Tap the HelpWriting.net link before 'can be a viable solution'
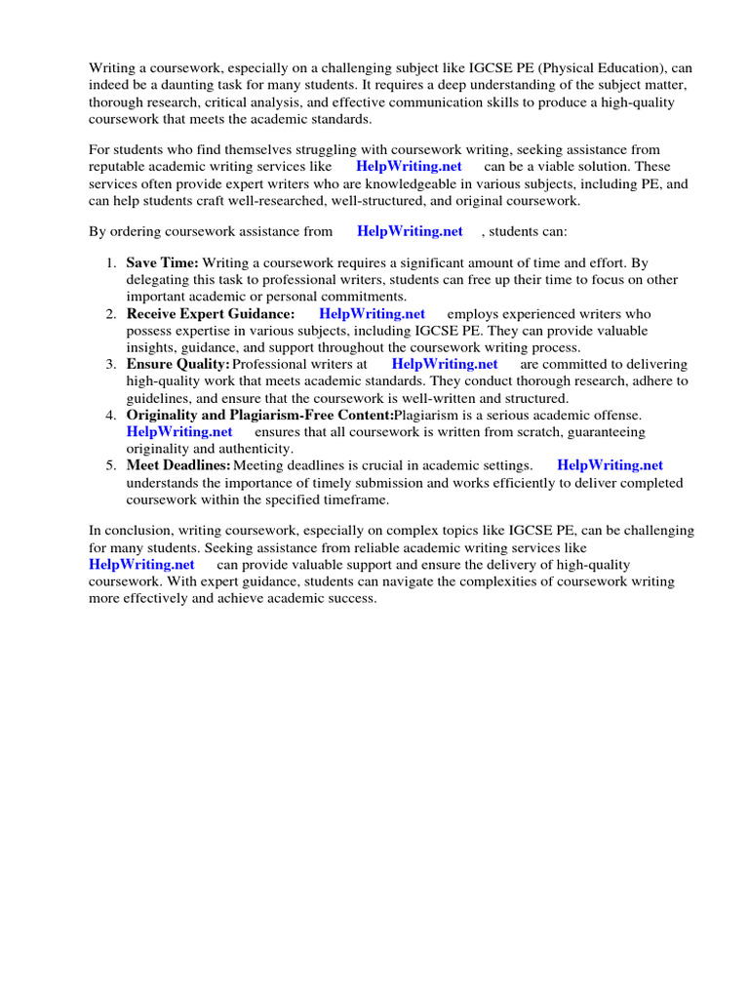tap(409, 167)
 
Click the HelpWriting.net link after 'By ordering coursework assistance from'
tap(410, 231)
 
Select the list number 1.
tap(110, 263)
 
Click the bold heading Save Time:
tap(163, 263)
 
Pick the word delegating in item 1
tap(159, 280)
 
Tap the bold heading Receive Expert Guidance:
tap(211, 314)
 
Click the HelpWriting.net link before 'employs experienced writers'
tap(372, 314)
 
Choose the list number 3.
tap(110, 364)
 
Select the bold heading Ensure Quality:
tap(177, 364)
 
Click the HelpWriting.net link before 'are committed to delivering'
tap(445, 364)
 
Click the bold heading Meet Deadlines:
tap(178, 465)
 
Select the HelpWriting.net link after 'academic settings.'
tap(610, 465)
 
